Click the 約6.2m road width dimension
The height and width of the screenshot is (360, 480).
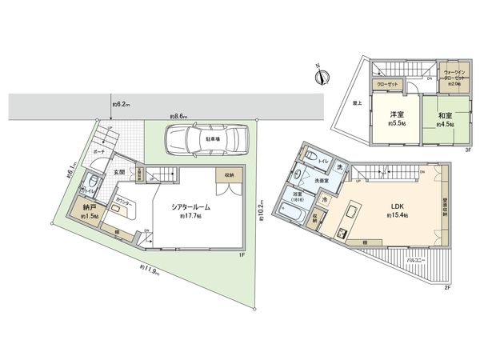click(122, 102)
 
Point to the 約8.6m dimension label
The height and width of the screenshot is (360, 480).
click(178, 117)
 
